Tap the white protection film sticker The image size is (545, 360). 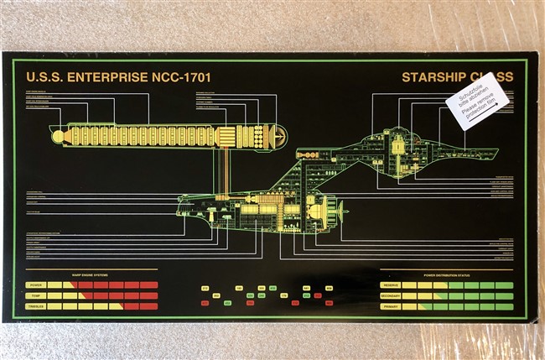coord(477,102)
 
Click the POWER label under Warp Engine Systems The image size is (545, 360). coord(36,285)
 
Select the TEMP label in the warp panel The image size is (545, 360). coord(36,295)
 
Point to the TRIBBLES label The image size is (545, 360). coord(36,306)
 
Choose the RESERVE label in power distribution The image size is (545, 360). coord(391,285)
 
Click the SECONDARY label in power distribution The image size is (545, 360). coord(391,295)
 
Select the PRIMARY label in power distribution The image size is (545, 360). coord(391,306)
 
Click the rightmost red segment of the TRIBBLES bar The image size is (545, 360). coord(149,306)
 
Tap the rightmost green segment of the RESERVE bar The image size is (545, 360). coord(504,285)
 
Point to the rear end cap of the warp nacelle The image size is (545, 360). coord(280,135)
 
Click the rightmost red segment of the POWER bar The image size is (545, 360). coord(149,285)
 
